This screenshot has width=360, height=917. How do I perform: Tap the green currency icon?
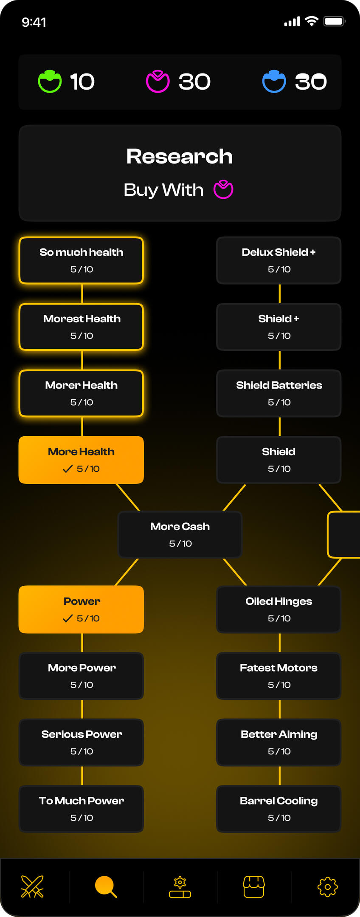coord(50,81)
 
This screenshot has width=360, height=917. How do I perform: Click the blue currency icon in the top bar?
coord(274,81)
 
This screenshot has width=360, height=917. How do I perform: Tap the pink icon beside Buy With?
coord(223,189)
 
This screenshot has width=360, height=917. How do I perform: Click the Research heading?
coord(180,156)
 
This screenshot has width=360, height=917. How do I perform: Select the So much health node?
coord(81,260)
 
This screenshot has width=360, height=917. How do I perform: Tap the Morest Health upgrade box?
coord(81,327)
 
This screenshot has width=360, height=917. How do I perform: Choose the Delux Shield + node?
coord(279,260)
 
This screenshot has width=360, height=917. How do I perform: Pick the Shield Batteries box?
coord(279,393)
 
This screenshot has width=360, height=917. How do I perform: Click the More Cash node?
coord(180,534)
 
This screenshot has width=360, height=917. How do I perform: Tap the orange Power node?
coord(81,609)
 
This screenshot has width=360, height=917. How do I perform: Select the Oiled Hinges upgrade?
coord(279,609)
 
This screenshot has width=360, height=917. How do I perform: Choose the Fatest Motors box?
coord(279,676)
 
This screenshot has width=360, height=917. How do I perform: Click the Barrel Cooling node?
coord(279,809)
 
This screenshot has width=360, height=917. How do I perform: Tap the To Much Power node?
coord(81,809)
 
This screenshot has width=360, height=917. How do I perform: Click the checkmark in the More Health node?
coord(67,469)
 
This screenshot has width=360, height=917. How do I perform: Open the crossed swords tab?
coord(33,886)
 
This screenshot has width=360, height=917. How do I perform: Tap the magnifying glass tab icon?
coord(106,886)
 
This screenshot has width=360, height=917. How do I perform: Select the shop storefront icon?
coord(254,886)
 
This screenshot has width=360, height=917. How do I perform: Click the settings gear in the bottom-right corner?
coord(327,886)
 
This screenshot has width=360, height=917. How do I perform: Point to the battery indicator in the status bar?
coord(334,21)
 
